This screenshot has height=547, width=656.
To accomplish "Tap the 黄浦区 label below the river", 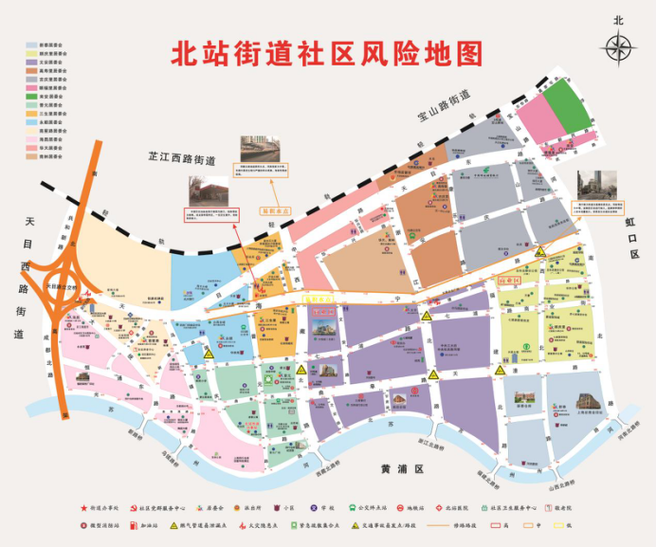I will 399,469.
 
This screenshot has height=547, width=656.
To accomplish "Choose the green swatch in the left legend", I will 31,97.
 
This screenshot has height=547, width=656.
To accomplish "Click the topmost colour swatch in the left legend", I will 31,45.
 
